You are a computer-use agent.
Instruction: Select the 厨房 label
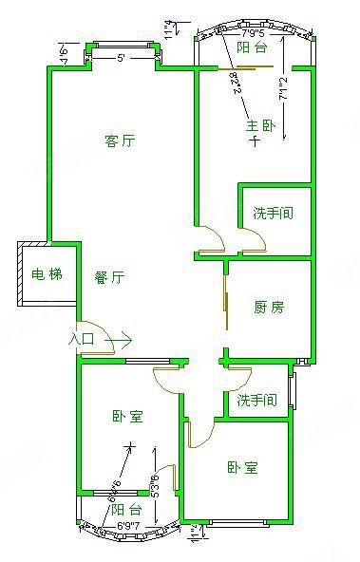(269, 307)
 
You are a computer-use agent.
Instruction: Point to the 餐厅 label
(110, 277)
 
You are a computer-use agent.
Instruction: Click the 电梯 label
(47, 275)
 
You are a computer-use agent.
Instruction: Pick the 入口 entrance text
(82, 338)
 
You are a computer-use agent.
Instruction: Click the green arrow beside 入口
(122, 338)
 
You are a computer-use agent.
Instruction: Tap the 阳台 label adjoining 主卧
(252, 47)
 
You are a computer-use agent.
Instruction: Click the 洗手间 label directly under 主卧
(274, 213)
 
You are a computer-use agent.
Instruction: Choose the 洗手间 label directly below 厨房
(256, 401)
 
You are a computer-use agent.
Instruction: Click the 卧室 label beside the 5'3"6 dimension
(127, 416)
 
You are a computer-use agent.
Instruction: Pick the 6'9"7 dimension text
(128, 525)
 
